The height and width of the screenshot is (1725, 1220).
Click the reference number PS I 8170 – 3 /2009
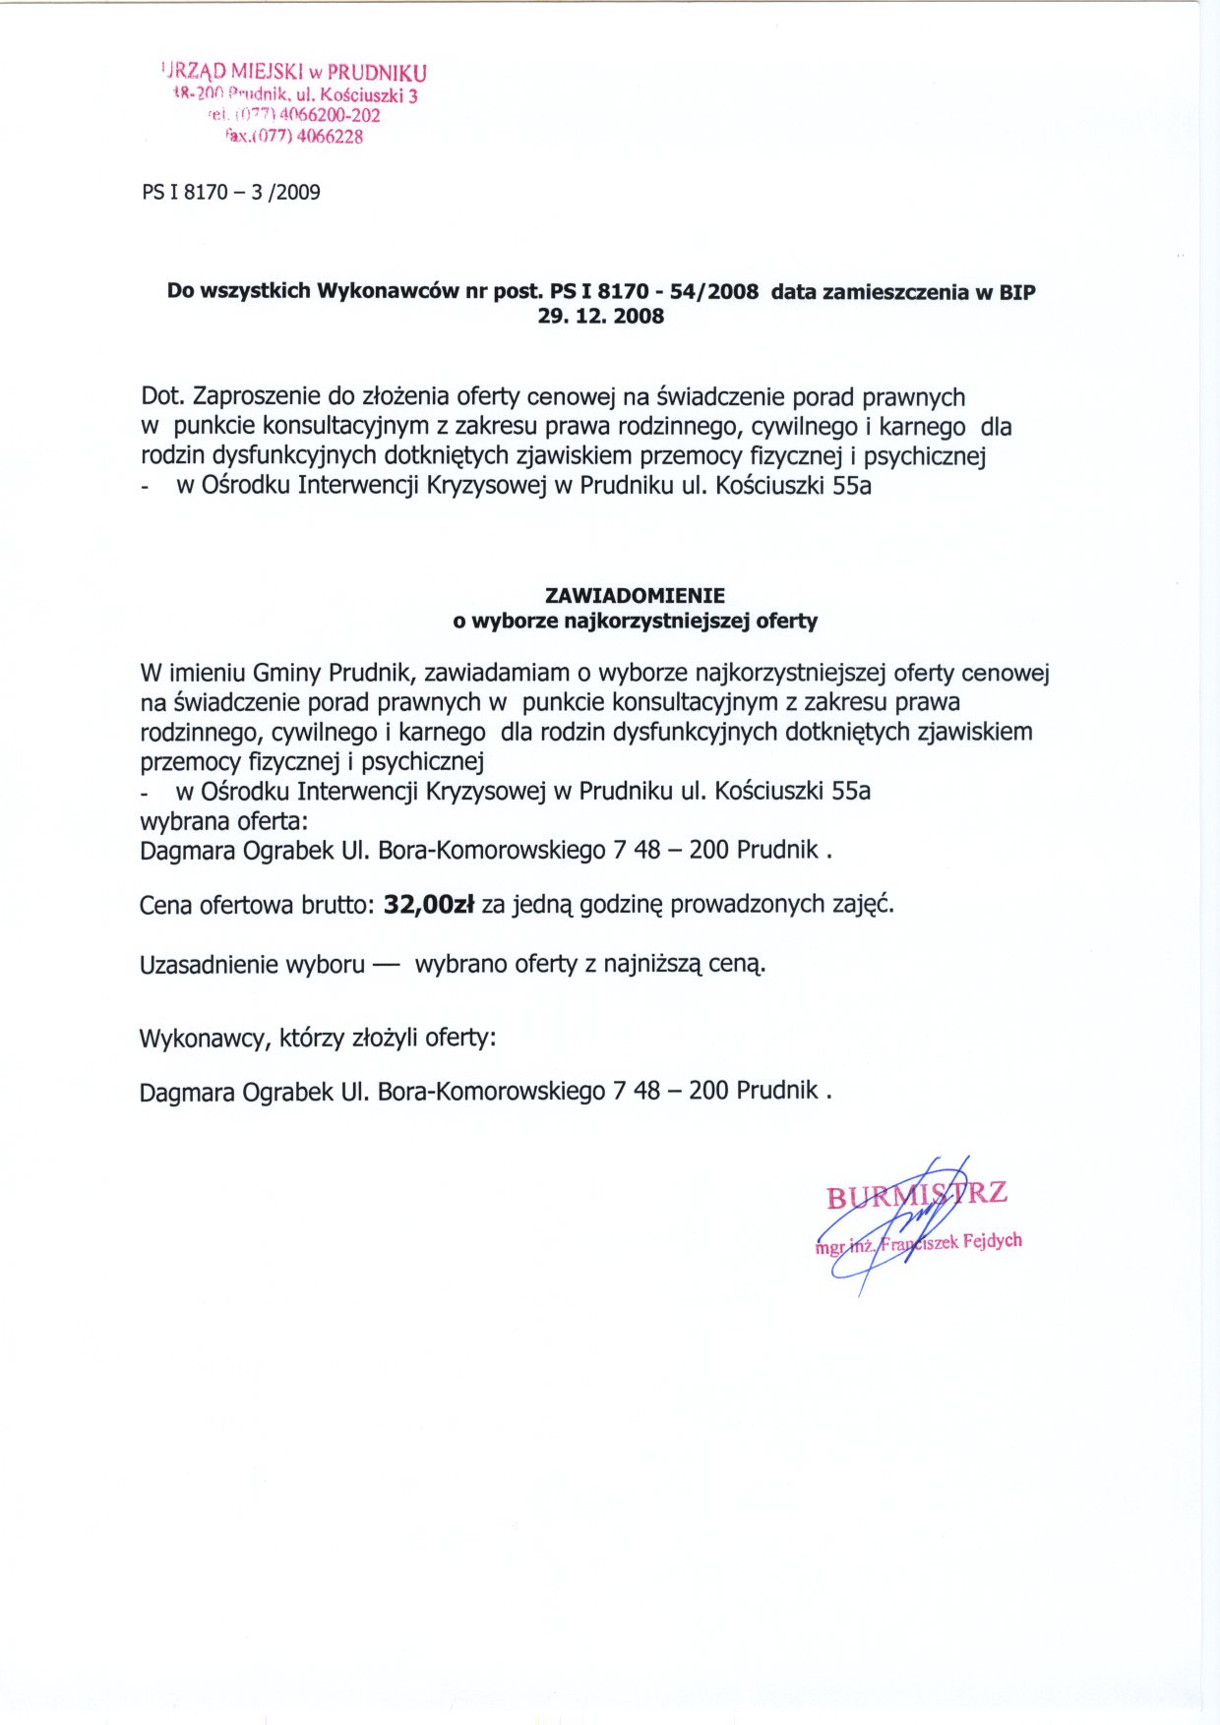[231, 192]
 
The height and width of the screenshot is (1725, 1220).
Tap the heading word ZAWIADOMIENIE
[635, 595]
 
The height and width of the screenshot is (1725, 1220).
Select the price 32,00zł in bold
[429, 904]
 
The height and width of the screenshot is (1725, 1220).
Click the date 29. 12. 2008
[600, 316]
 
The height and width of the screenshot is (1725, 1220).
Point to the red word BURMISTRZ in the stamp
[916, 1195]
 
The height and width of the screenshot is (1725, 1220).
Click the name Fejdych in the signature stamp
[992, 1240]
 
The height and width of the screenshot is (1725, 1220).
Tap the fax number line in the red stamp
[294, 137]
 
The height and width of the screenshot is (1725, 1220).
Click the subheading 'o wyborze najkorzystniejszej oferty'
[635, 621]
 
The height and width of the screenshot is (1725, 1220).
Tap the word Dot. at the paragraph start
[162, 396]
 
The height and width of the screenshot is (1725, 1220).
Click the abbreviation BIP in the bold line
[1016, 291]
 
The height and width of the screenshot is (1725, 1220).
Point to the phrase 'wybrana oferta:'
[223, 820]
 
